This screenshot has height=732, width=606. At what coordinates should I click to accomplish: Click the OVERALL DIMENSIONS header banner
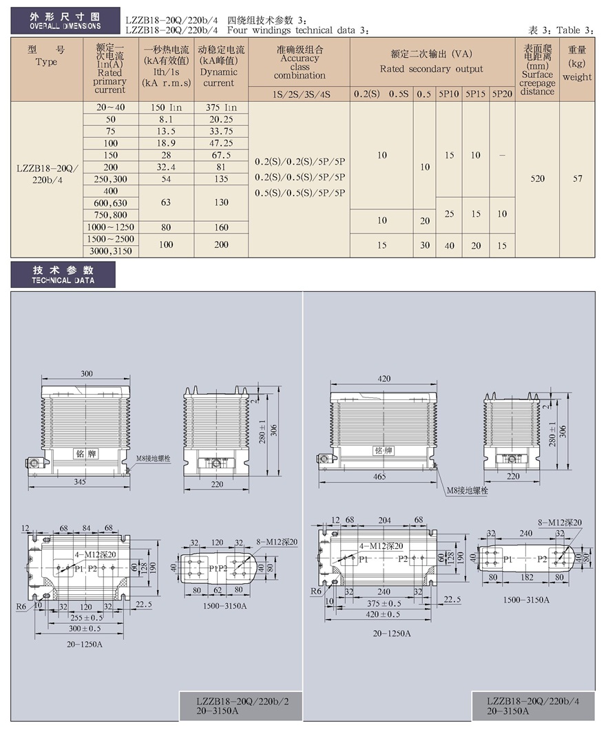pos(65,21)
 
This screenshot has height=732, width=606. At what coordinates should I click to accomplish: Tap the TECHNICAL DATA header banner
pos(63,275)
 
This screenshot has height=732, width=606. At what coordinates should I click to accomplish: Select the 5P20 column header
pos(502,94)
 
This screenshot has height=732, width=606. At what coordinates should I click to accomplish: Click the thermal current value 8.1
pos(166,119)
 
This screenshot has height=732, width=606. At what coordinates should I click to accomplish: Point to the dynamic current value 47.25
pos(221,143)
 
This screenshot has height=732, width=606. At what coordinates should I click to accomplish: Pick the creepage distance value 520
pos(537,178)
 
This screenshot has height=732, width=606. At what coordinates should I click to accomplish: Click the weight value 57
pos(578,178)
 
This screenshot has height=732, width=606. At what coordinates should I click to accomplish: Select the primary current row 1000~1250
pos(111,227)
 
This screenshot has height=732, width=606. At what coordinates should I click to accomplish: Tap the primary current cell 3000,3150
pos(111,251)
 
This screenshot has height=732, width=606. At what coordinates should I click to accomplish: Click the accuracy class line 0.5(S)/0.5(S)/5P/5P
pos(300,193)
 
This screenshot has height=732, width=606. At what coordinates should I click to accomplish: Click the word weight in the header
pos(577,77)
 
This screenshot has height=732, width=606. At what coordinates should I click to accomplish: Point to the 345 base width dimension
pos(79,481)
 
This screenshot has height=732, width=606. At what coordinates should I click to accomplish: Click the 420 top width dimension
pos(384,379)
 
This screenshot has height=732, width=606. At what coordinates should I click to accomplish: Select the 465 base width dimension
pos(379,476)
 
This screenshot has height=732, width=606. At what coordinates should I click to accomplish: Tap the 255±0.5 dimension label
pos(86,617)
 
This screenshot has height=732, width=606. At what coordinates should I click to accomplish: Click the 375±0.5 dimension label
pos(384,603)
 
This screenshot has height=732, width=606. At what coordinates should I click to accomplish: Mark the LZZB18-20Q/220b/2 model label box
pos(241,706)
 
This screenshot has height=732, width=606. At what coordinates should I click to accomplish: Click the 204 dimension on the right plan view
pos(384,520)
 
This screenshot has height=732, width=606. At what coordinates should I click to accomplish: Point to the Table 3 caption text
pos(561,30)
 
